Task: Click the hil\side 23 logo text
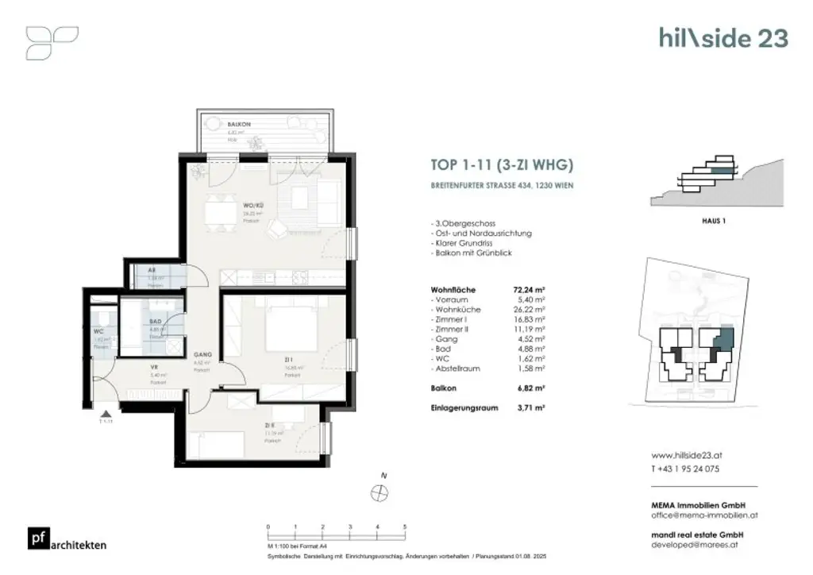(x=723, y=37)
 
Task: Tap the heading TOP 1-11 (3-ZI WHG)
(x=501, y=166)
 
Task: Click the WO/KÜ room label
(x=252, y=206)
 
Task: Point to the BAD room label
(x=156, y=322)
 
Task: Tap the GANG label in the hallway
(x=201, y=357)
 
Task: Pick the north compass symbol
(x=379, y=492)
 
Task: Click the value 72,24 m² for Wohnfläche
(x=529, y=290)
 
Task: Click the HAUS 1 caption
(x=714, y=221)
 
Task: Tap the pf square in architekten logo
(x=37, y=538)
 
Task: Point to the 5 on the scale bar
(x=405, y=527)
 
